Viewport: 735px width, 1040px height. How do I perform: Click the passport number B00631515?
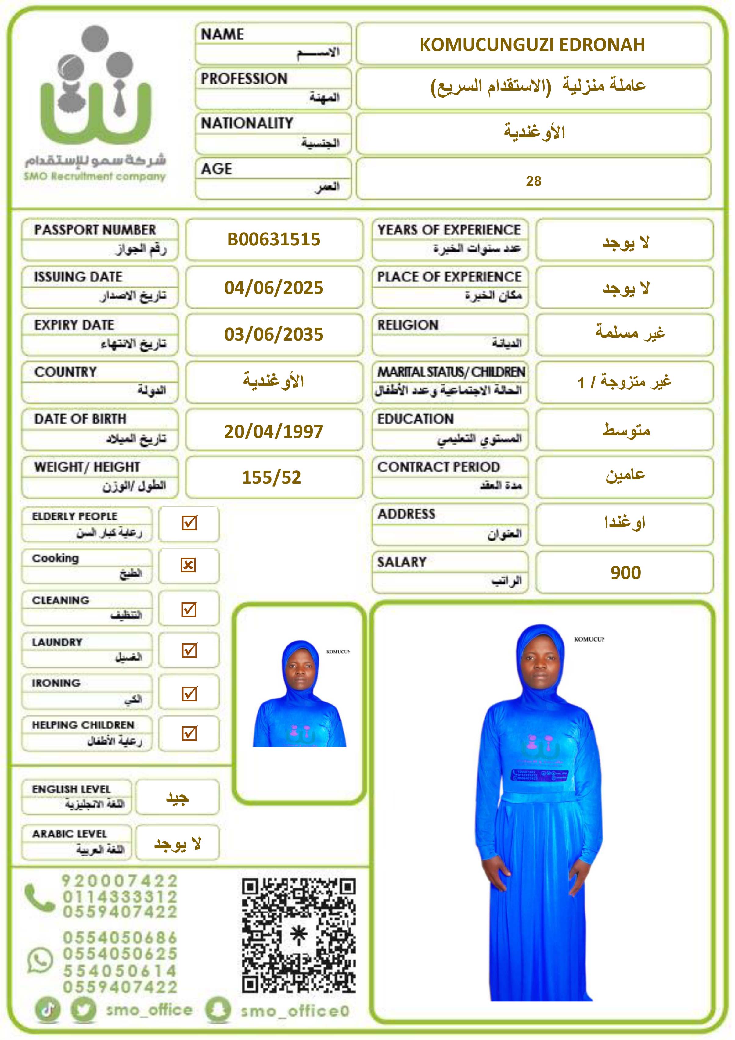tap(274, 239)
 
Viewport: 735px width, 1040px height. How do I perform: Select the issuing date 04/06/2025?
tap(274, 288)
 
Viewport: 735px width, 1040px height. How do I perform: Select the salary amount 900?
tap(625, 573)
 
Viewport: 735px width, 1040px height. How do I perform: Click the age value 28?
tap(533, 181)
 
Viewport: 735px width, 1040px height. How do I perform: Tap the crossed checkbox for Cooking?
tap(189, 565)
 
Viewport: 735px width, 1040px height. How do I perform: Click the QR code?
tap(299, 936)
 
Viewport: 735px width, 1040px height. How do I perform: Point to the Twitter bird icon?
tap(84, 1010)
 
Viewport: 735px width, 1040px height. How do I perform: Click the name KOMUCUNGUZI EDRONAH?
tap(532, 45)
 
